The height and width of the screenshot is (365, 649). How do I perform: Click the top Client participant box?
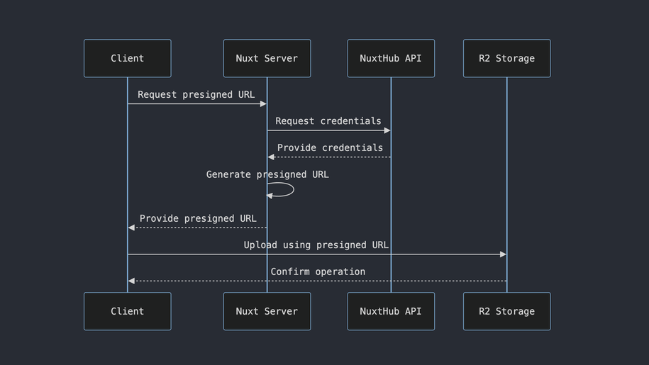coord(127,58)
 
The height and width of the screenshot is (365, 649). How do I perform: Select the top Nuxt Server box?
coord(267,58)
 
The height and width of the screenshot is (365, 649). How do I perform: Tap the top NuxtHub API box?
coord(390,58)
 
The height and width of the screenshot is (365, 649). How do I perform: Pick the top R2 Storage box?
coord(506,58)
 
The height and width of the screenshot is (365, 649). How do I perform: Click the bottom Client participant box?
coord(127,311)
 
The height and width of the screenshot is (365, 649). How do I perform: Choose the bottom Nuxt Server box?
coord(267,311)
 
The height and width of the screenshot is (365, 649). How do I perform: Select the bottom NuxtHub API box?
coord(390,311)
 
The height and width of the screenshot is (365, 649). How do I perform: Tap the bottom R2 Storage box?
coord(506,311)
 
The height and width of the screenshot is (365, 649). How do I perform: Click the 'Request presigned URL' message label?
coord(196,94)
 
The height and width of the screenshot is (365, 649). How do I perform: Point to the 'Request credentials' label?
coord(328,121)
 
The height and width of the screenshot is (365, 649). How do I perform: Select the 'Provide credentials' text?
coord(330,147)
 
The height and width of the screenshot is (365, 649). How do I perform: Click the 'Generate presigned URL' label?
coord(267,174)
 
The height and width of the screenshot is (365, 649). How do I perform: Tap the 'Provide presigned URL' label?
coord(198,218)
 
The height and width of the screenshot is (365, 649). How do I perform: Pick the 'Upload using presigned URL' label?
coord(316,245)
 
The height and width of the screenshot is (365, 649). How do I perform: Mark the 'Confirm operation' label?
coord(318,271)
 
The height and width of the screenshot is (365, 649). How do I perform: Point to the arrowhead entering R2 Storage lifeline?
coord(503,254)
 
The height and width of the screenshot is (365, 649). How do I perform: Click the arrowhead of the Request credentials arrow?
coord(387,130)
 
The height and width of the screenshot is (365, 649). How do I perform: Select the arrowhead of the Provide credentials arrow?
coord(271,157)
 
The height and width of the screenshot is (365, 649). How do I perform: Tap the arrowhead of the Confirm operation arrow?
coord(131,281)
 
